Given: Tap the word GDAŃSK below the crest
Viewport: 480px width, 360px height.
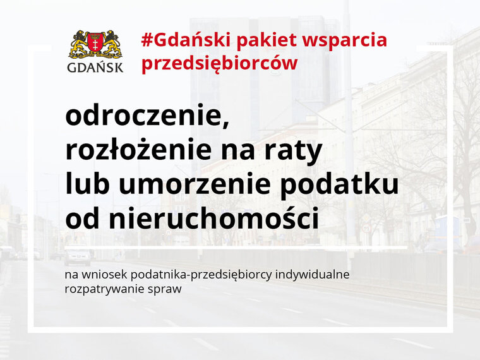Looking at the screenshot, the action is [95, 67].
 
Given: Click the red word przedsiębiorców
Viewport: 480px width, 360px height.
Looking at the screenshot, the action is [220, 64].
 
